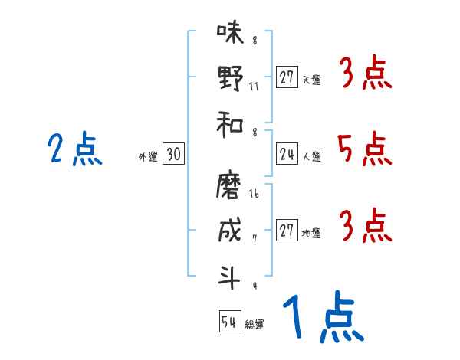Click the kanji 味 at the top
coord(230,34)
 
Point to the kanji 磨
coord(230,185)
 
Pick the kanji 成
coord(230,231)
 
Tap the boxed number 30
coord(173,155)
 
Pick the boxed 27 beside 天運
coord(287,77)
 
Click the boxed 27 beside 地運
coord(287,231)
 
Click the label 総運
coord(254,325)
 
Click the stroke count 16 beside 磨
coord(255,195)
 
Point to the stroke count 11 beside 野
coord(254,86)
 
